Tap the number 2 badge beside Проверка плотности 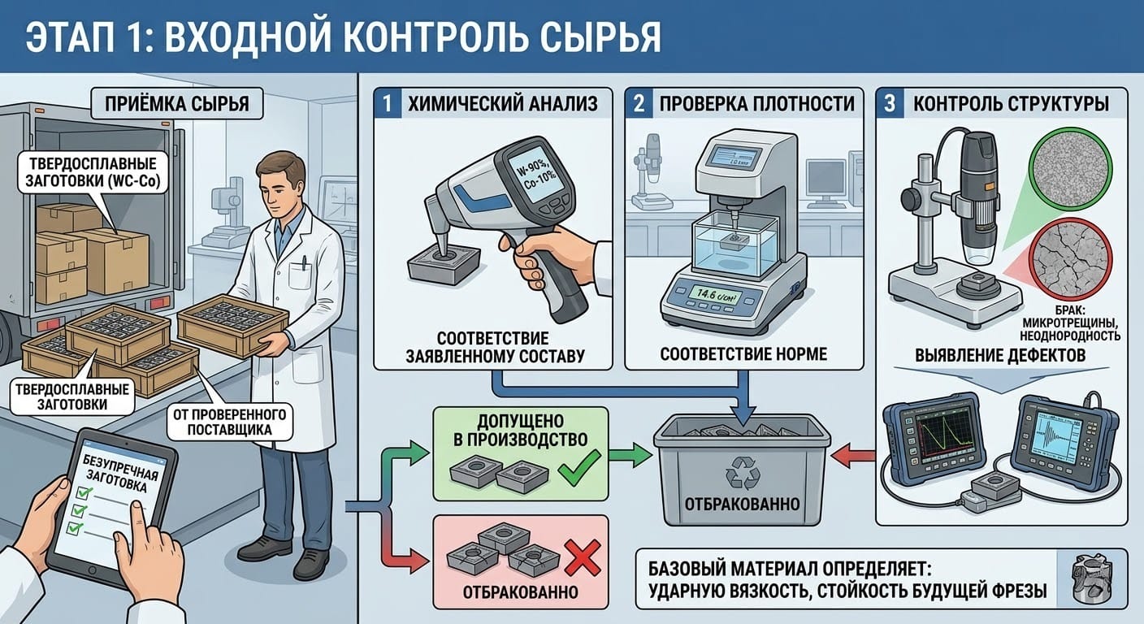(x=639, y=104)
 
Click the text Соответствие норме (x=743, y=354)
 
